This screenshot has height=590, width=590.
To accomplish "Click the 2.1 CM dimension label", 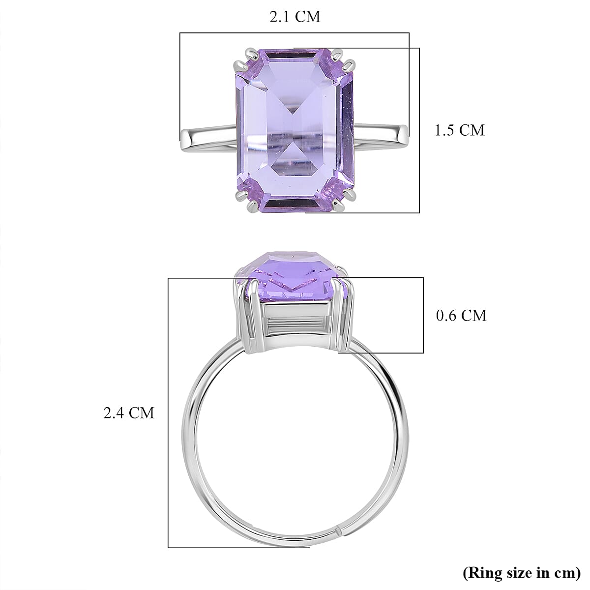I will tap(295, 17).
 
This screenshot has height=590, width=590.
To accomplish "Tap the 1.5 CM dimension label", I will tap(459, 130).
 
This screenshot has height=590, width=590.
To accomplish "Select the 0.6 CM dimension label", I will tap(461, 315).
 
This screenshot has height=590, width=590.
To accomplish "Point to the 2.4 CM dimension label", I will tap(128, 413).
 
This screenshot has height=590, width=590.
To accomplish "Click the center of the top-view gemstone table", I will tap(295, 133).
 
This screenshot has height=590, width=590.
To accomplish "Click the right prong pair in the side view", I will tap(341, 315).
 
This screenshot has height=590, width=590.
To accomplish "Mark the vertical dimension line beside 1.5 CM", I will tap(419, 130).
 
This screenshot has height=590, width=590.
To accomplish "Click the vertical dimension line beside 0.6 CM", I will tap(423, 315).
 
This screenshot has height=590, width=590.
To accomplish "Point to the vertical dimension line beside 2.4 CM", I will tap(168, 413).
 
